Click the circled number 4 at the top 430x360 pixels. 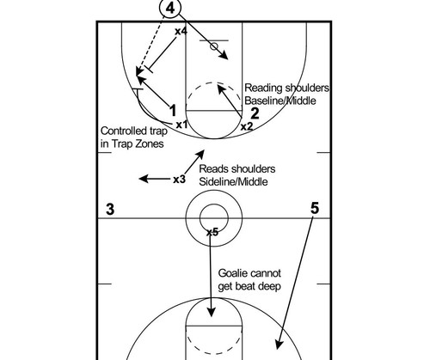[170, 9]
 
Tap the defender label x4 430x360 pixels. [181, 31]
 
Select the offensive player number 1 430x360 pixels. [173, 111]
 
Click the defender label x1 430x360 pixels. [181, 125]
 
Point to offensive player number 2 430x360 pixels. [255, 113]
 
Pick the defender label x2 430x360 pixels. [247, 126]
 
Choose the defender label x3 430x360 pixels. [180, 180]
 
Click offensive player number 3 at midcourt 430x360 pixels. [110, 209]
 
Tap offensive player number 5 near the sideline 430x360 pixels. [315, 208]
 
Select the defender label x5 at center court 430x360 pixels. [212, 232]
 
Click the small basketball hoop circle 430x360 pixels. [214, 46]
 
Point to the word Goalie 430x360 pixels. [230, 273]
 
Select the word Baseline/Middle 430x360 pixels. [280, 101]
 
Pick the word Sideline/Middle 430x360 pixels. [233, 181]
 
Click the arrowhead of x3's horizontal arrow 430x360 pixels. [144, 179]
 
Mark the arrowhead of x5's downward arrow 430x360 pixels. [212, 312]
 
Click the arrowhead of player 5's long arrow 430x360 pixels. [279, 345]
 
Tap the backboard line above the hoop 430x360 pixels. [214, 40]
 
